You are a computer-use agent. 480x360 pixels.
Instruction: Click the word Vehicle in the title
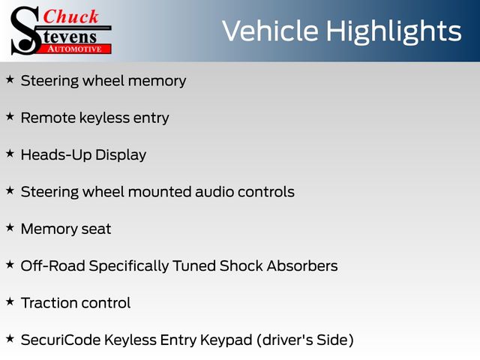coord(270,31)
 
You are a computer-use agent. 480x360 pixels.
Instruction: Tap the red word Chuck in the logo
coord(70,16)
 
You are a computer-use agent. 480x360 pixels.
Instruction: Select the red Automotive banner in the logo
coord(75,49)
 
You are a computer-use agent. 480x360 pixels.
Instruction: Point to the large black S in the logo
coord(25,31)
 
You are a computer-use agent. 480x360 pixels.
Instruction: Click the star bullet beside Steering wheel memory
coord(10,79)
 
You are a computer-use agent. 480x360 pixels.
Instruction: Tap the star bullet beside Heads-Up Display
coord(10,154)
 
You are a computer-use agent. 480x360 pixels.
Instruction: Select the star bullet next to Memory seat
coord(10,228)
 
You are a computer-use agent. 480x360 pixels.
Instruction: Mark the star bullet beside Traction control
coord(10,301)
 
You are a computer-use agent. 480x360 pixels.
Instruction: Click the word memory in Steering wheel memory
coord(157,82)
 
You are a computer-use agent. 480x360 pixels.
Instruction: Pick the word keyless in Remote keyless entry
coord(105,118)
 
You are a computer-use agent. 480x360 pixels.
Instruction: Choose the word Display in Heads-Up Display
coord(121,155)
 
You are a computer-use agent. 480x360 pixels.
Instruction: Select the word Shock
coord(241,265)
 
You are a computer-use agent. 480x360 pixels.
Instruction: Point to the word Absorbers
coord(302,265)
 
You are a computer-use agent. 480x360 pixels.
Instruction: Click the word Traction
coord(49,303)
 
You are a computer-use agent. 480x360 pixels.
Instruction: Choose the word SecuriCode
coord(61,340)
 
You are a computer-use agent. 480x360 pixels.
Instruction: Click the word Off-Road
coord(53,265)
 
